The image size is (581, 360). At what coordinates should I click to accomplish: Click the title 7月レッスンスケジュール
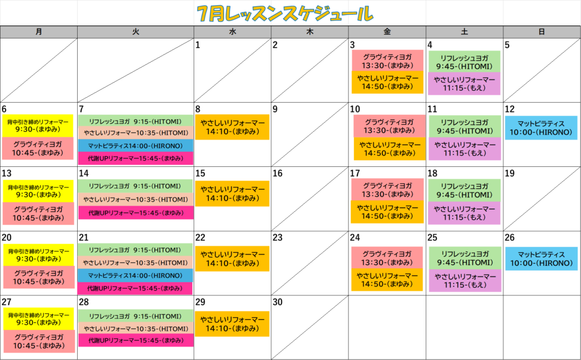285,14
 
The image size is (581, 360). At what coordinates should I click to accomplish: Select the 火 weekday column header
136,32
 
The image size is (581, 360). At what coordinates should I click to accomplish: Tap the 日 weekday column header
542,32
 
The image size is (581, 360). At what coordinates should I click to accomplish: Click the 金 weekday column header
387,32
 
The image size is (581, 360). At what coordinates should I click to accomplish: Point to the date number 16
277,173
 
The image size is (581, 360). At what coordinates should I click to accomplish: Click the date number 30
277,302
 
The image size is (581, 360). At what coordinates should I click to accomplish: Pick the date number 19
510,173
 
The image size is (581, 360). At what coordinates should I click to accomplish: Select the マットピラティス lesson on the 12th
541,128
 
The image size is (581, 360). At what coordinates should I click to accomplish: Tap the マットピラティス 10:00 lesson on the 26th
541,259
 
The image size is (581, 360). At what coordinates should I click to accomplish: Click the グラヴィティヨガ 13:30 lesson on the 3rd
387,61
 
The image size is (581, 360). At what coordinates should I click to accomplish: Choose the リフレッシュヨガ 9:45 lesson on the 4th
464,62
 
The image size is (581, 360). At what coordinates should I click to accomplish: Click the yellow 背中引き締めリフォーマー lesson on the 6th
38,125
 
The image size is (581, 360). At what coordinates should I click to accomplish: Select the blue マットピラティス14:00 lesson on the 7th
136,146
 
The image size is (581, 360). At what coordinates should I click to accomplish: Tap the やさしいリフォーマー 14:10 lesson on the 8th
232,127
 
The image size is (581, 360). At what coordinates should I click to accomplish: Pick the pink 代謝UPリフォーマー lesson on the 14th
136,213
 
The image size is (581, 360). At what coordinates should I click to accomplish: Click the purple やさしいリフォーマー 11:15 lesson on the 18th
464,213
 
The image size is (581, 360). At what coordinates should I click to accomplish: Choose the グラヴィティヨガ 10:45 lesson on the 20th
39,277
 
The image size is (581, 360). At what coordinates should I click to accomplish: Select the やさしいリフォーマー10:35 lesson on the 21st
136,263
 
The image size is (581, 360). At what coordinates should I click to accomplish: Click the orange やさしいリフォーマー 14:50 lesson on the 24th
387,280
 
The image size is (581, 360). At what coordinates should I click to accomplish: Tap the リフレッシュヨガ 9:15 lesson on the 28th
136,316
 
